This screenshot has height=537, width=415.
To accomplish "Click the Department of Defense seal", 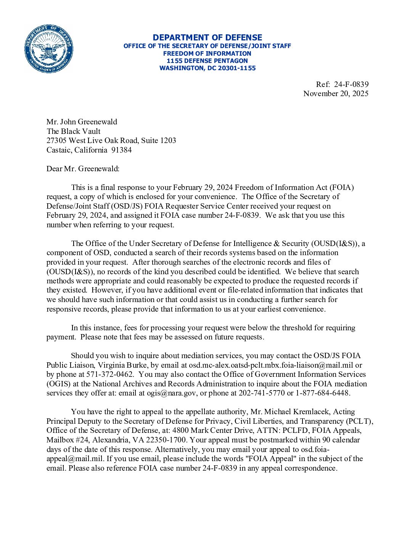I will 48,49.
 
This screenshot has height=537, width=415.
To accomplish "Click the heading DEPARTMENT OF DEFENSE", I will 207,37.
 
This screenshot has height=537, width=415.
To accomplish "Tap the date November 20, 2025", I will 336,93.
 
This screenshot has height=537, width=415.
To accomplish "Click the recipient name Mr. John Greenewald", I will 82,122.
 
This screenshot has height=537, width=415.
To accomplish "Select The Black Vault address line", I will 73,131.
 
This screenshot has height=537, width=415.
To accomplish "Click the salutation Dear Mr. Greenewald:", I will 83,169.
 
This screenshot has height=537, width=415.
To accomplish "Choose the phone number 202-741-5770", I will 262,393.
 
